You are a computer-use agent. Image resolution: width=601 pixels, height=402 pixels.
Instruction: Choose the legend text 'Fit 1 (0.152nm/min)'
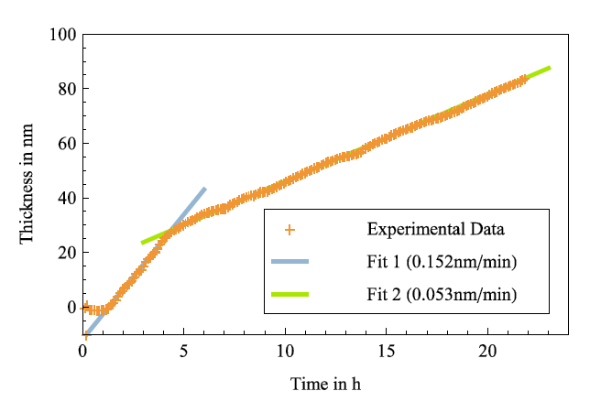tap(437, 262)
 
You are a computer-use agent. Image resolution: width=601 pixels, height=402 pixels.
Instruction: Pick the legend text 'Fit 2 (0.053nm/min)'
tap(437, 295)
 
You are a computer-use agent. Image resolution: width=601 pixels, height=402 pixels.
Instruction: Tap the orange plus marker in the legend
tap(290, 228)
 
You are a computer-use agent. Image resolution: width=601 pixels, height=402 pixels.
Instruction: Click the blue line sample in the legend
tap(290, 262)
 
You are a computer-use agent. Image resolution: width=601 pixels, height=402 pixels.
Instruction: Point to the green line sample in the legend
tap(290, 295)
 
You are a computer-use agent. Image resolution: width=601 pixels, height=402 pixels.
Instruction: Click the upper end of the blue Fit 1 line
tap(204, 189)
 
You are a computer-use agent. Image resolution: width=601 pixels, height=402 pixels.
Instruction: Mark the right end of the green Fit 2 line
tap(550, 68)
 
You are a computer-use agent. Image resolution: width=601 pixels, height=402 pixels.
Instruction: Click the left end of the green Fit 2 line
tap(143, 243)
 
